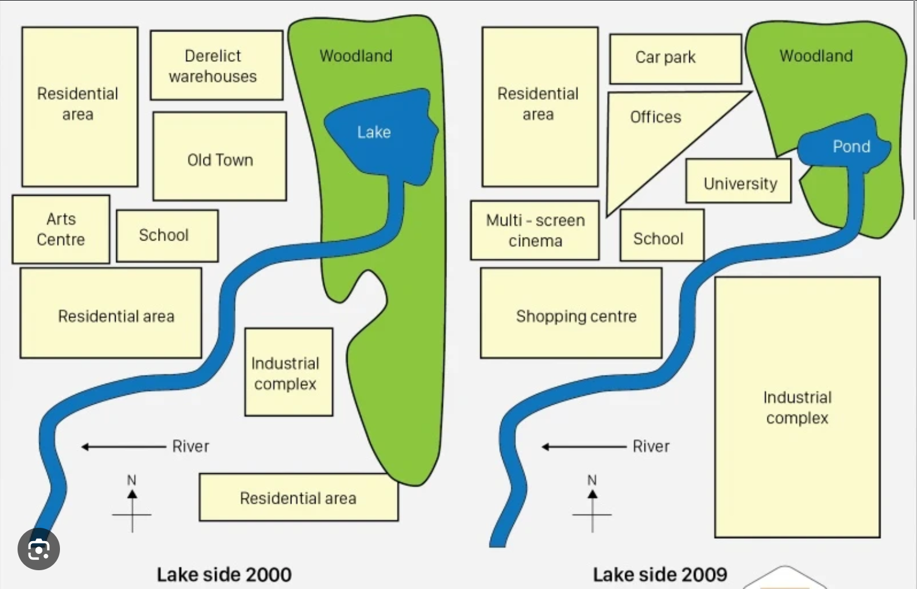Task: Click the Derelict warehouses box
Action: (216, 65)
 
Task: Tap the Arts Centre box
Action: (61, 229)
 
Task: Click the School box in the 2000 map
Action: (167, 236)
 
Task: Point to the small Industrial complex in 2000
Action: (288, 372)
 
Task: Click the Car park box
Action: (675, 58)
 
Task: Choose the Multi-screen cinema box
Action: (534, 230)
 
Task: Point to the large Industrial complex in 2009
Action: (796, 407)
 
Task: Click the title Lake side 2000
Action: (224, 574)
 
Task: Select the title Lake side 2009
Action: (660, 574)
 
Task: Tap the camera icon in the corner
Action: (39, 549)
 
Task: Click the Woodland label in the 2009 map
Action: (816, 56)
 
